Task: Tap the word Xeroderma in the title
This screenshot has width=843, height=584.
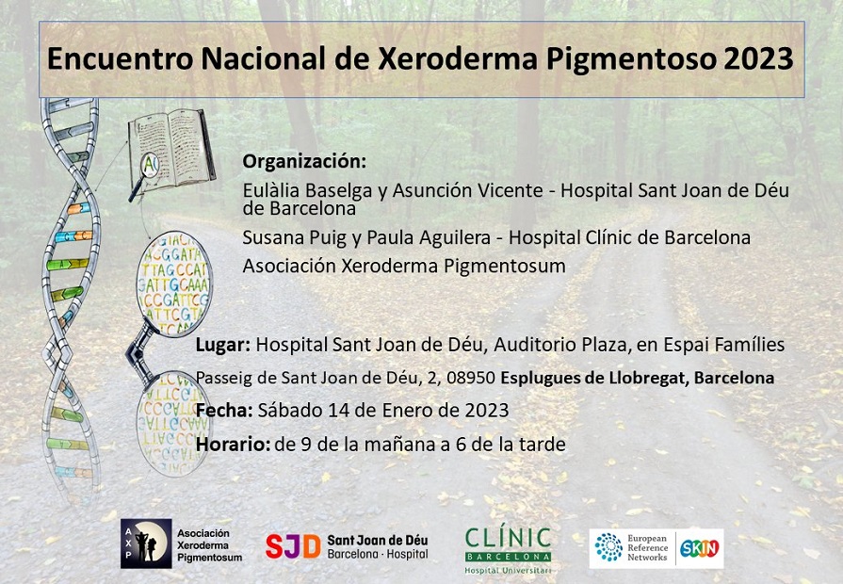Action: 458,58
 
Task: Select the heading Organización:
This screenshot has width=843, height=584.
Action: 304,161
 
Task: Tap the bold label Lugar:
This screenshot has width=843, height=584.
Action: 223,345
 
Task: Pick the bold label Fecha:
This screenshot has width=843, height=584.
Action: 224,411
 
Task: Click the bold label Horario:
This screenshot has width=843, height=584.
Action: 233,445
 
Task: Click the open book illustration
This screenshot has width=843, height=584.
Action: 171,149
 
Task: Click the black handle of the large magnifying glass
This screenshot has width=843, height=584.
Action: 138,349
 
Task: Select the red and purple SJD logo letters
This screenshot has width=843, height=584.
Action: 293,547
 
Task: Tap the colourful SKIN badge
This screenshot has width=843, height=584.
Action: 700,548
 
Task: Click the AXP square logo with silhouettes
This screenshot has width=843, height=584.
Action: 146,543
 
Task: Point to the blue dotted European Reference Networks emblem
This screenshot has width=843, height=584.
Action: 608,547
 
